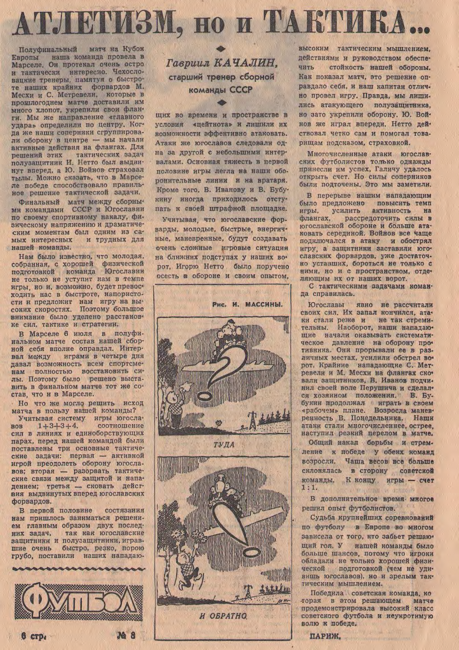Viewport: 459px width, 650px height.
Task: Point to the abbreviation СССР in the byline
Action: (242, 90)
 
